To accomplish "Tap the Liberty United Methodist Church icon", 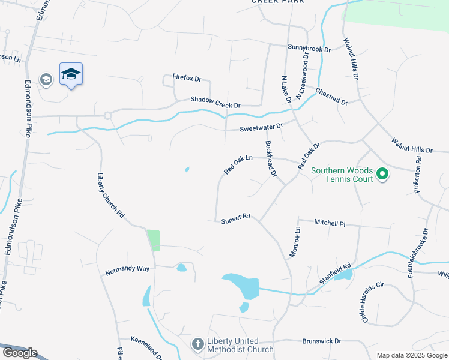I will point(197,344).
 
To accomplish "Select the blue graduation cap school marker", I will point(71,74).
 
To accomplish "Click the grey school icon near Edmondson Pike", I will point(46,79).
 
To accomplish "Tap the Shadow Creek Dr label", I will point(215,103).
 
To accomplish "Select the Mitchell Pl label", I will point(330,222).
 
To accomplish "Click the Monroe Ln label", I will point(295,238).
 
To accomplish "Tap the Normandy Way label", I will point(127,269).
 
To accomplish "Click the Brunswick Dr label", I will point(322,340).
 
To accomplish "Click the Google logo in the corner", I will point(19,353).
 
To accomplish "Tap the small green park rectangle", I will point(154,240).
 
